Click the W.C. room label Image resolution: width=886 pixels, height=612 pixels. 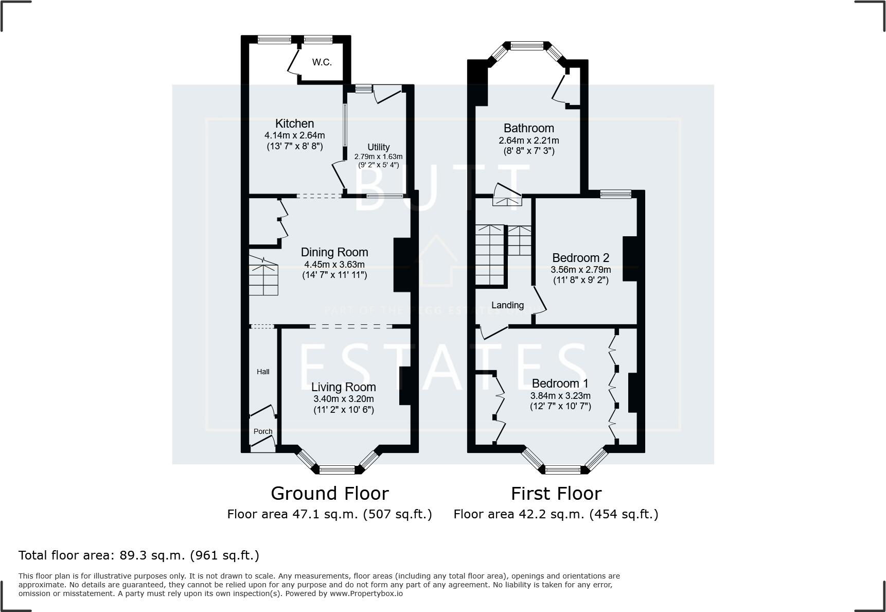(x=322, y=62)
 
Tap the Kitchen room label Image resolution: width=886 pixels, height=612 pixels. (x=294, y=124)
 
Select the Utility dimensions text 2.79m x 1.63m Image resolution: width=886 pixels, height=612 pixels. (x=378, y=156)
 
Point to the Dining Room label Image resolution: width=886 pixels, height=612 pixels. (x=334, y=252)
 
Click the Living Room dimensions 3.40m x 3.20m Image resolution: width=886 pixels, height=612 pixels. (x=343, y=399)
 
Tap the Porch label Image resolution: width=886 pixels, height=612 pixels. (x=263, y=431)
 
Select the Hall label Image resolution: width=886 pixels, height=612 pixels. (x=263, y=372)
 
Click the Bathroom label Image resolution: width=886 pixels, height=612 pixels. (x=528, y=128)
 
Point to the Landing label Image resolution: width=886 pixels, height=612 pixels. (x=507, y=305)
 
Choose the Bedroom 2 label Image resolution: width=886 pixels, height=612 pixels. (x=580, y=258)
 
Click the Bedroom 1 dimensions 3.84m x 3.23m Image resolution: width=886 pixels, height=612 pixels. (x=560, y=396)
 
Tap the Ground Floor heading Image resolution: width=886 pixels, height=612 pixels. (x=329, y=494)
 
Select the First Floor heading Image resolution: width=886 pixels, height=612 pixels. (x=556, y=494)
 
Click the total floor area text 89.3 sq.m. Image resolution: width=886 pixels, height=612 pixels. (x=138, y=555)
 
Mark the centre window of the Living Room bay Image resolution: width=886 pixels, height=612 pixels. (x=337, y=469)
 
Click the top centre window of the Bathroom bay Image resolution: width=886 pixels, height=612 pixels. (x=527, y=45)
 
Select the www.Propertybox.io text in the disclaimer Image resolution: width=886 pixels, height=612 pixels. (x=366, y=593)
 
